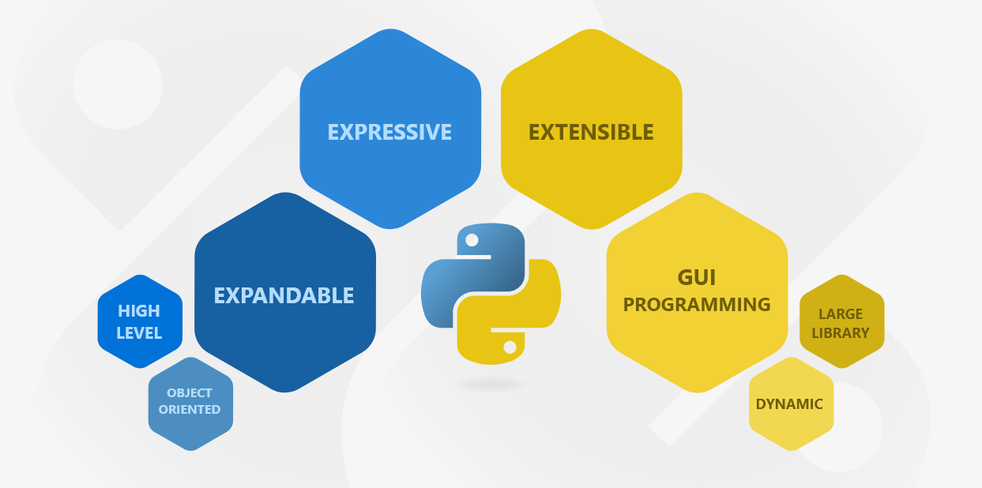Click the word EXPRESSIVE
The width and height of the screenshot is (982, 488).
tap(389, 132)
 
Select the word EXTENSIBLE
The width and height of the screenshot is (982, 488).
tap(591, 132)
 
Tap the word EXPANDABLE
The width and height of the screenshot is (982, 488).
tap(284, 295)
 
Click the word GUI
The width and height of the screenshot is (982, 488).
tap(696, 277)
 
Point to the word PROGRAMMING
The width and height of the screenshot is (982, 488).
tap(696, 304)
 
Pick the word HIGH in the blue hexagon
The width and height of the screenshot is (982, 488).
tap(139, 310)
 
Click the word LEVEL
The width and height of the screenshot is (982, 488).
tap(139, 332)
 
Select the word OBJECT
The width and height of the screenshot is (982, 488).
tap(190, 392)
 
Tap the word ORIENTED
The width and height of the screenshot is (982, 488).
tap(190, 410)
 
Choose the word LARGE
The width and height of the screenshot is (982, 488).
tap(841, 313)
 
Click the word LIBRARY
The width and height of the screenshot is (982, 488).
tap(841, 332)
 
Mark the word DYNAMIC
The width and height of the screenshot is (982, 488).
tap(789, 404)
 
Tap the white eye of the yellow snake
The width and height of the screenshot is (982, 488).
tap(510, 347)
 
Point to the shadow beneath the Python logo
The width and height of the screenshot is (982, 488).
tap(491, 385)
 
